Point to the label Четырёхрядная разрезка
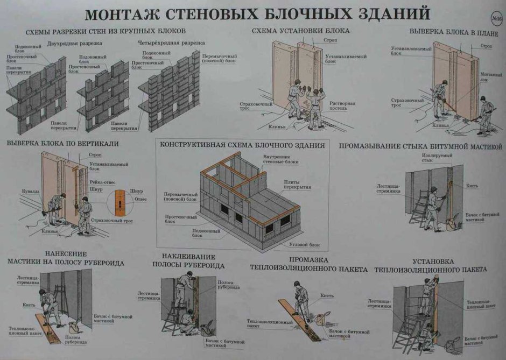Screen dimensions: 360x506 point(164,43)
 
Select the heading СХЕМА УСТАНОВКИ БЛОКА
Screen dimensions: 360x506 point(300,31)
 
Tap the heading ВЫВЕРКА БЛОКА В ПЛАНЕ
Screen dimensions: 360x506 point(449,31)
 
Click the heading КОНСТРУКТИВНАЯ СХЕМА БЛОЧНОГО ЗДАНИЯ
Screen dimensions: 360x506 point(242,145)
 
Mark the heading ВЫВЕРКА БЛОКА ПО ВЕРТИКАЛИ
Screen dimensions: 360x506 point(62,144)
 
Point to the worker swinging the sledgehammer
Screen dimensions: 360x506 point(56,207)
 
